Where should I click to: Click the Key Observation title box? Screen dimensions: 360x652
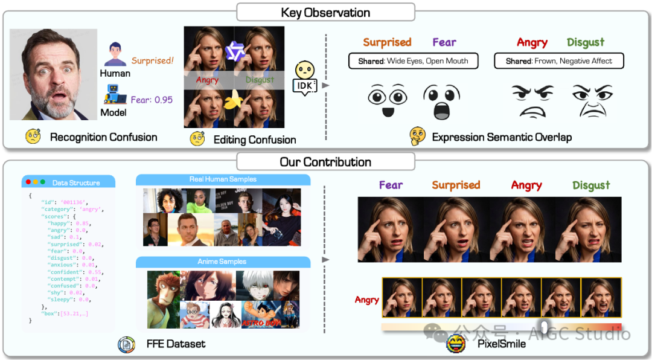pyautogui.click(x=325, y=12)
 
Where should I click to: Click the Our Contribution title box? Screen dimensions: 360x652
pyautogui.click(x=325, y=162)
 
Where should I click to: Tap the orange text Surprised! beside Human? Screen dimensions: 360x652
pyautogui.click(x=153, y=60)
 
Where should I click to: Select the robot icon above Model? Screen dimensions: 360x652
pyautogui.click(x=115, y=95)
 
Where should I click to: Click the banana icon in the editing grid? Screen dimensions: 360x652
pyautogui.click(x=232, y=101)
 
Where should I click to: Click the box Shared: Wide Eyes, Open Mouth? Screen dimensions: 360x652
pyautogui.click(x=414, y=61)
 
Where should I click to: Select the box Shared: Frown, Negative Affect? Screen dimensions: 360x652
pyautogui.click(x=558, y=61)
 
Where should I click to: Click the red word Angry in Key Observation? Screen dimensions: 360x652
pyautogui.click(x=532, y=42)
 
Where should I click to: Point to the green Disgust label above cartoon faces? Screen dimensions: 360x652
pyautogui.click(x=585, y=42)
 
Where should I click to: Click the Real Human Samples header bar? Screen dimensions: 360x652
pyautogui.click(x=223, y=179)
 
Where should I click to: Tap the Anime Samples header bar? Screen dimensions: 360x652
pyautogui.click(x=223, y=262)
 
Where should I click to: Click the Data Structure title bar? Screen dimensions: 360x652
pyautogui.click(x=68, y=182)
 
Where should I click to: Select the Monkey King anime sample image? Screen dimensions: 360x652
pyautogui.click(x=163, y=299)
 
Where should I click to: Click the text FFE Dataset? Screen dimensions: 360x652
pyautogui.click(x=176, y=344)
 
